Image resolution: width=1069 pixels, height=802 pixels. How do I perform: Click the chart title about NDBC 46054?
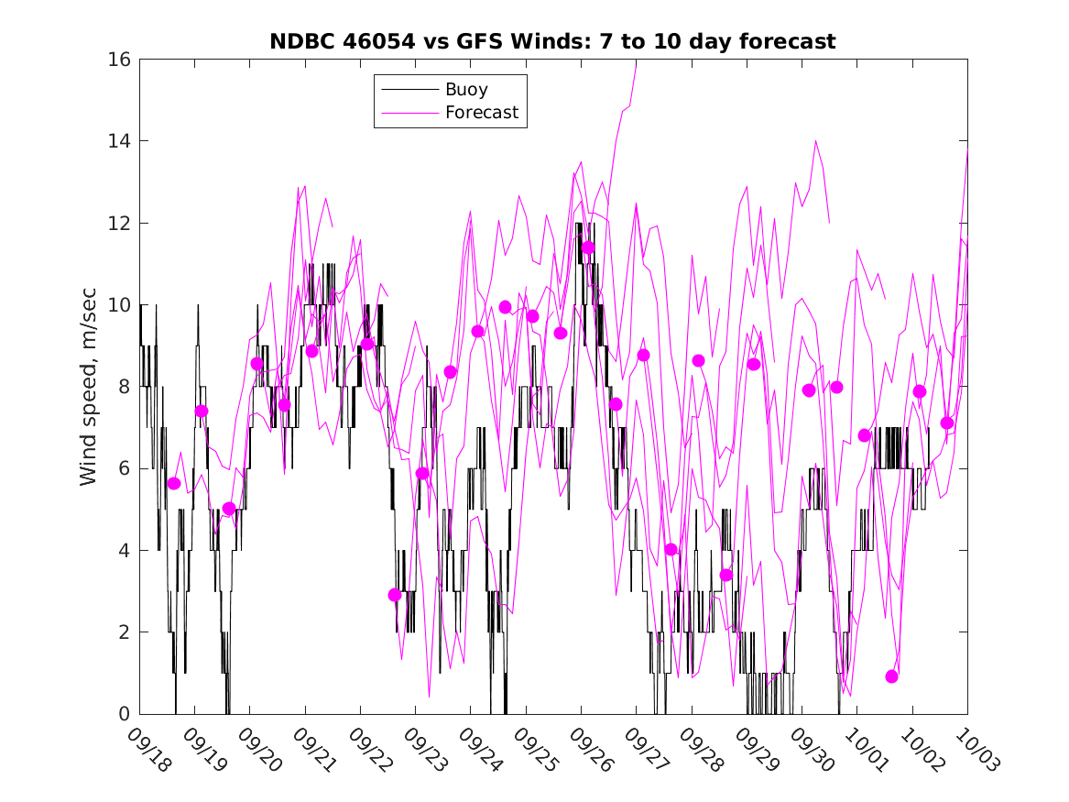(552, 41)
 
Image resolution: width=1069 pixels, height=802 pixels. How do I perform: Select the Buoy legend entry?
(466, 90)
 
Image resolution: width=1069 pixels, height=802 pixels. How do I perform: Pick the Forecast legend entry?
(481, 113)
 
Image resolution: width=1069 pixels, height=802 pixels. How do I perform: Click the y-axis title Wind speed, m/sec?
(88, 387)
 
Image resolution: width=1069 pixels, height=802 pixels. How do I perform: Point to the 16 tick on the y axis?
(119, 60)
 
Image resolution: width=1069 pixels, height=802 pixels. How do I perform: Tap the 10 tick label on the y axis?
(119, 305)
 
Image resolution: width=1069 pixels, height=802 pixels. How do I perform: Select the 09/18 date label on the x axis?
(148, 750)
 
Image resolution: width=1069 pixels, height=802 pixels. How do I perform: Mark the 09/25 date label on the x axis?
(535, 750)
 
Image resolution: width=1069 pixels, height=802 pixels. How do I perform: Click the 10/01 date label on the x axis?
(866, 750)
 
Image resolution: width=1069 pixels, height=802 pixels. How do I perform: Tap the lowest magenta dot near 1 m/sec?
(892, 676)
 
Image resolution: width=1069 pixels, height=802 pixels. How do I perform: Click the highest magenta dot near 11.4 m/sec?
(588, 247)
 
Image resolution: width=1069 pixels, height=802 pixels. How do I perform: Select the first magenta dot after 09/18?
(174, 483)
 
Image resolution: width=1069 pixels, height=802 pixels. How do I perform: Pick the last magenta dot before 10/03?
(947, 423)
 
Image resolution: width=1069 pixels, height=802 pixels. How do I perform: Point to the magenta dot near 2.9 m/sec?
(395, 595)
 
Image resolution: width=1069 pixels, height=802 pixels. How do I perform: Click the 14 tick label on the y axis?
(119, 141)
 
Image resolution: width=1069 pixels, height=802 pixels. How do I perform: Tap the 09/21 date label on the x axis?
(314, 750)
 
